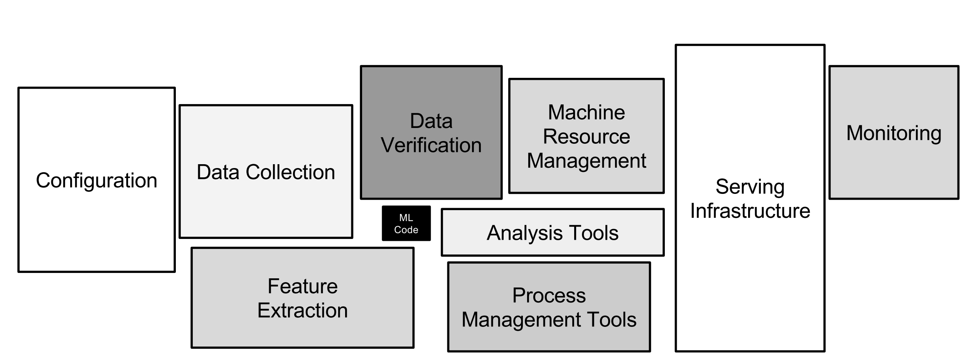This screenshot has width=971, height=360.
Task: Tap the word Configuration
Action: (x=96, y=180)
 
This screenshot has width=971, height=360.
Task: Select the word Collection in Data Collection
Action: (x=290, y=172)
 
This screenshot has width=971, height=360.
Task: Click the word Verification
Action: (x=431, y=145)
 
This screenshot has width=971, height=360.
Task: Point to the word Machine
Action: (x=586, y=113)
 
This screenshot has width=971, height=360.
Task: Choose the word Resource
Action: (x=586, y=136)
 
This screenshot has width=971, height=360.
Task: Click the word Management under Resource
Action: (x=586, y=161)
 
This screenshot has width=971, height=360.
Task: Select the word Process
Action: (x=549, y=296)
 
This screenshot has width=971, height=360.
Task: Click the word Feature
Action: (x=302, y=286)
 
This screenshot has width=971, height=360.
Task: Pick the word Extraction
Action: (x=302, y=311)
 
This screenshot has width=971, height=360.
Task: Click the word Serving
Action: (x=750, y=187)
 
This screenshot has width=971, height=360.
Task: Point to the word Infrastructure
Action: (x=750, y=211)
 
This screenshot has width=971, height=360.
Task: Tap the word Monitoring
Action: (x=893, y=133)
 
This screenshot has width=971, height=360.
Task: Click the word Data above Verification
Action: (x=431, y=121)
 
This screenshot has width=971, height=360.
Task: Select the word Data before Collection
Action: (x=218, y=172)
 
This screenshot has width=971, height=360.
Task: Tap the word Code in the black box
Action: (x=406, y=230)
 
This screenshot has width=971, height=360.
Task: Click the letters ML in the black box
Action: (x=406, y=218)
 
